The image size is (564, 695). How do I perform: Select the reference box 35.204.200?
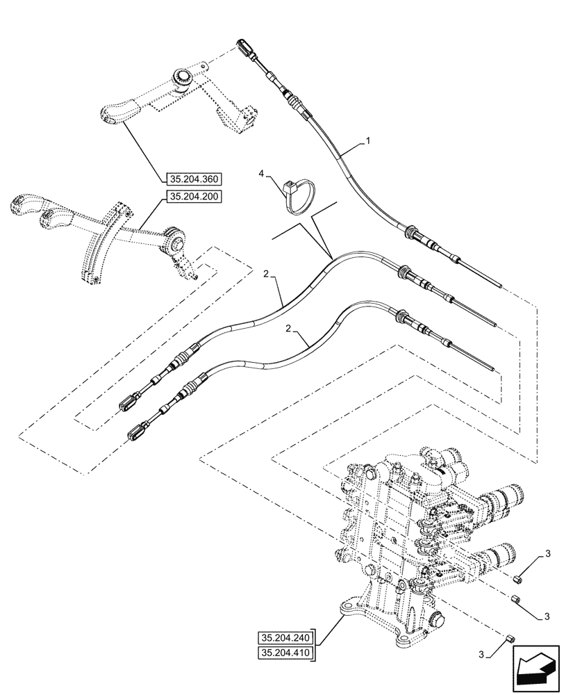point(193,197)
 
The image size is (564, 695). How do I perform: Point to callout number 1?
point(368,141)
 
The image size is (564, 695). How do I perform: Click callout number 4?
point(260,172)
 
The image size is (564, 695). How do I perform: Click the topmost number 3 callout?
point(547,553)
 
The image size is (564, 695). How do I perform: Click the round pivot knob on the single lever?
point(183,76)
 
